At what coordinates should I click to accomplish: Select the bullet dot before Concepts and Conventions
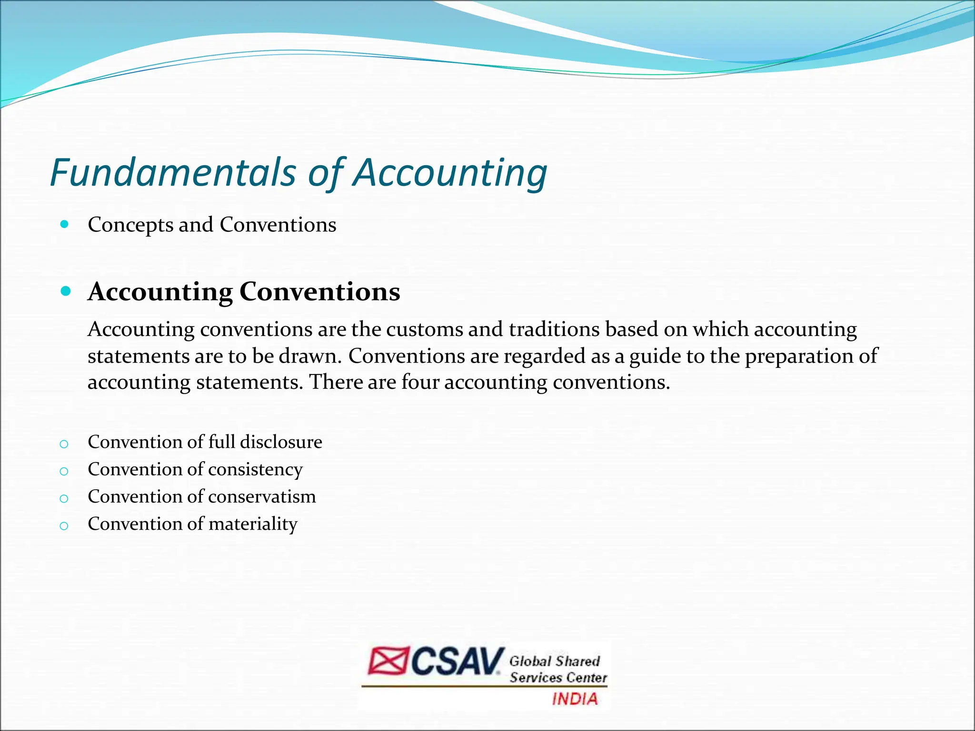coord(65,224)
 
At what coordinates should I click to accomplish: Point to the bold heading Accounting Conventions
coord(244,292)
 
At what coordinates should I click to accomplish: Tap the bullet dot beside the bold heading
coord(66,291)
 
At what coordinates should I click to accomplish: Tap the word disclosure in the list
coord(281,442)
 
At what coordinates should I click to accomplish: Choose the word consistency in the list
coord(255,470)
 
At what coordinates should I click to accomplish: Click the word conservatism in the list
coord(262,497)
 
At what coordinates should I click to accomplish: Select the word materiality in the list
coord(253,524)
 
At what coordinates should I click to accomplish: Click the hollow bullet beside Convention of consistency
coord(64,472)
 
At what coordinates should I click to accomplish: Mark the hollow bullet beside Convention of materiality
coord(64,526)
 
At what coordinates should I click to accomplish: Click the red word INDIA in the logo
coord(575,699)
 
